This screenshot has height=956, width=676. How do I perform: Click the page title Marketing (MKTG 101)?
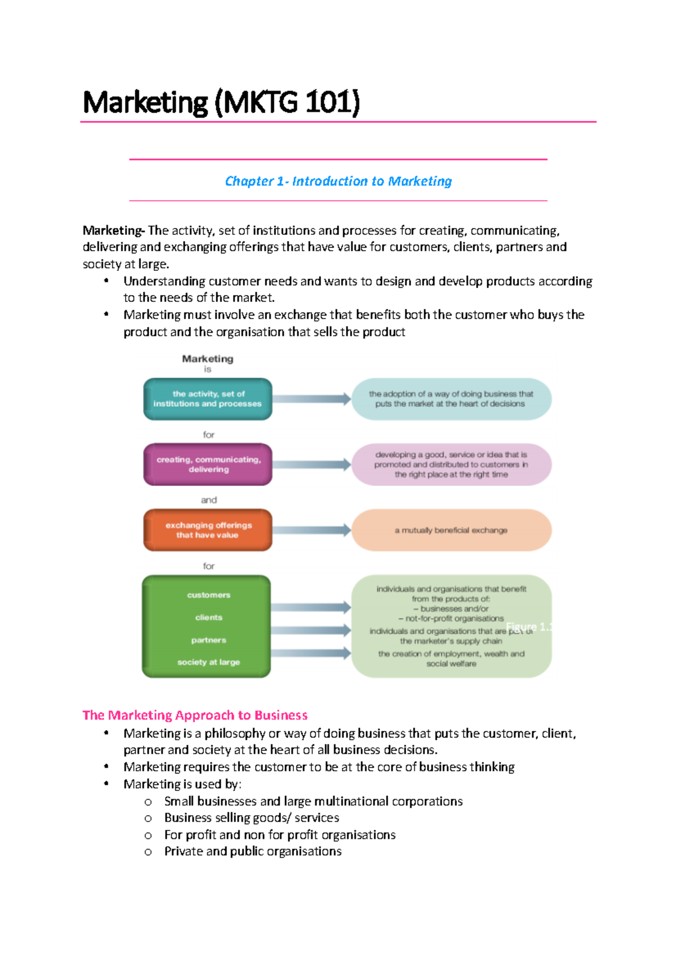221,102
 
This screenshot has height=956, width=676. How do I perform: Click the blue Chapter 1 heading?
338,181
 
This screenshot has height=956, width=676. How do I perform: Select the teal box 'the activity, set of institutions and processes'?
207,399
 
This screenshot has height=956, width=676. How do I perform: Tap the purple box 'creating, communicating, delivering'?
208,464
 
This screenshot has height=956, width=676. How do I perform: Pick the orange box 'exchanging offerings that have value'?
208,530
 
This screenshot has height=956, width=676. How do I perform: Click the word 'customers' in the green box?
208,595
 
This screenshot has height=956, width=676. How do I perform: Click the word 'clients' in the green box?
208,618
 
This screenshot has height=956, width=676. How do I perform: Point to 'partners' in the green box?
208,640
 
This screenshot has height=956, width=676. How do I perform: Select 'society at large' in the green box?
208,662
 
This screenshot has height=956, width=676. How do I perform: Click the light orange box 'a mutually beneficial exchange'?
451,530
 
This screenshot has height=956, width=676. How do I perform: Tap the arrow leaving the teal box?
312,399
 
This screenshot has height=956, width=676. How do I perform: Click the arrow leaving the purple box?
312,464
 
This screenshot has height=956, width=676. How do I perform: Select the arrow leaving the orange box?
312,530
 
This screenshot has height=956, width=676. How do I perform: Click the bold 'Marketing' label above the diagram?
207,359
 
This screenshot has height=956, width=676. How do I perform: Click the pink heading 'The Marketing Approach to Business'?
195,715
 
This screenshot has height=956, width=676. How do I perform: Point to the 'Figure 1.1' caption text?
528,627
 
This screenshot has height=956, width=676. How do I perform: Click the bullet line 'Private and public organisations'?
252,851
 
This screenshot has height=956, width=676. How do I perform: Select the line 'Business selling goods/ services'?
251,817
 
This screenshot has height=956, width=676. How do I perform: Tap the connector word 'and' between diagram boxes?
208,500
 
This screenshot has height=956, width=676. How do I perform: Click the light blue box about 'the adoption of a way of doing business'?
451,399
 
